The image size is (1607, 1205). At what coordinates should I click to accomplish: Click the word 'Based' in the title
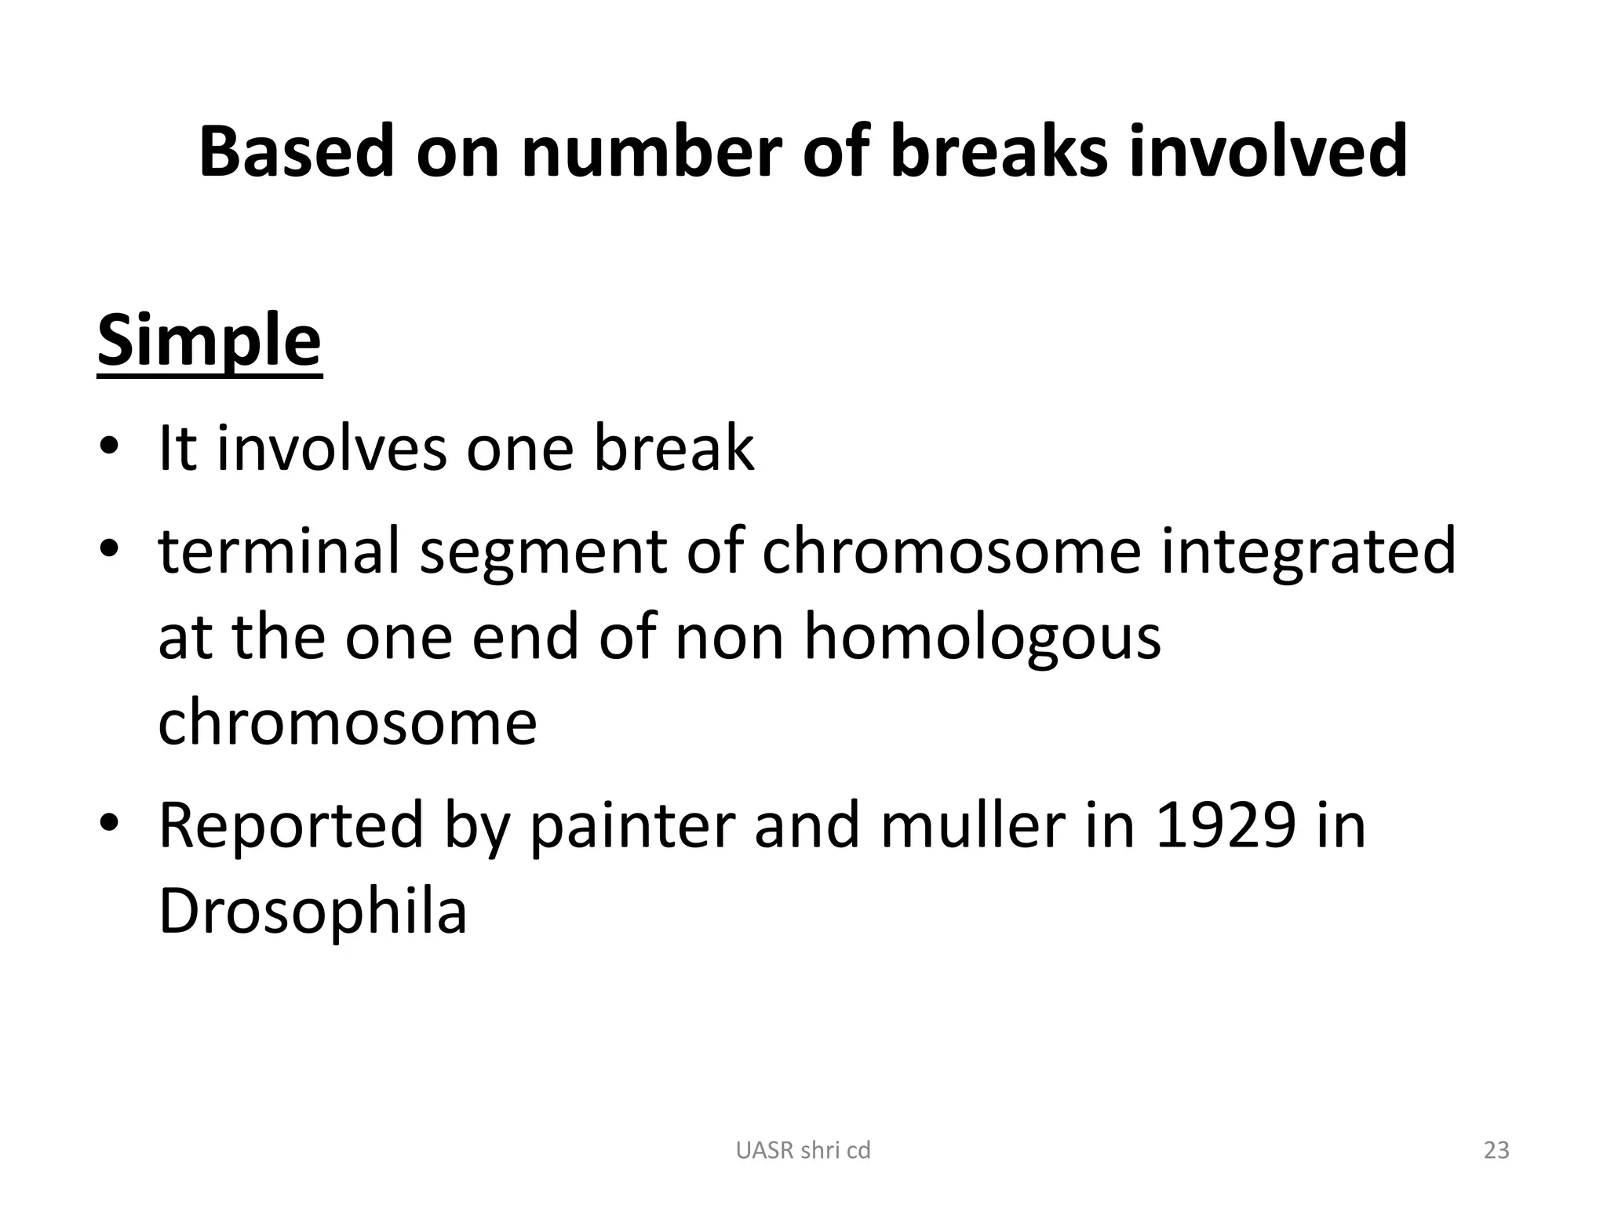[296, 151]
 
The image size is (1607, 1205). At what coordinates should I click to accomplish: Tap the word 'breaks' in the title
[999, 151]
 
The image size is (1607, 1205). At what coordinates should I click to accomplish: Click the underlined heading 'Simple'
[210, 341]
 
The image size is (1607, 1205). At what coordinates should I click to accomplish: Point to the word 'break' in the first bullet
[673, 448]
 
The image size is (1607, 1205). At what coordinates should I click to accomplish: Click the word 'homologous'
[982, 636]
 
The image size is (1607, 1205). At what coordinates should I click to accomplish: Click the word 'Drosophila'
[313, 912]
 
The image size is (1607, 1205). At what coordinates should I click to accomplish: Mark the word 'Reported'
[291, 825]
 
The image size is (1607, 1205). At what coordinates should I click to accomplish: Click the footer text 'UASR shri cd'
[803, 1150]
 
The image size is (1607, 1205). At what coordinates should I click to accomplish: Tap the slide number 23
[1496, 1150]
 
